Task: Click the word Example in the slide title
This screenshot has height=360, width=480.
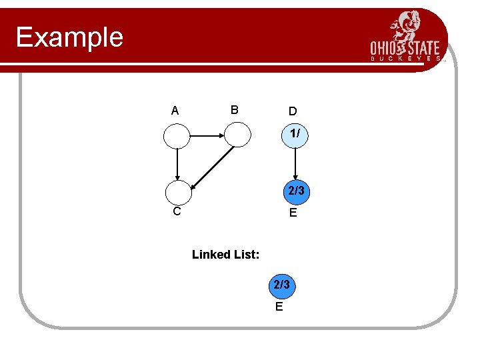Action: [70, 37]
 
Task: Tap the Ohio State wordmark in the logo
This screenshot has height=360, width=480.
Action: [405, 49]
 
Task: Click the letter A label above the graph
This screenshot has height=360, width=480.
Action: [175, 111]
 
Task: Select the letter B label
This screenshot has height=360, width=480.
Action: [234, 109]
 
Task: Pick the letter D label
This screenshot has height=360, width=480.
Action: [293, 111]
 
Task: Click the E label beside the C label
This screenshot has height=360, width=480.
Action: [293, 213]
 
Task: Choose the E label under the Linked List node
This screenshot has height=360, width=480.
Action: [279, 307]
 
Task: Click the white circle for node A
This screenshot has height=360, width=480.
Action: [177, 136]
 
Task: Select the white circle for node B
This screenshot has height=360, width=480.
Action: [237, 135]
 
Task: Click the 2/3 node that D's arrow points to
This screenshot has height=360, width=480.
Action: [295, 192]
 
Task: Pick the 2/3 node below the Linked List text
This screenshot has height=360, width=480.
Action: [281, 285]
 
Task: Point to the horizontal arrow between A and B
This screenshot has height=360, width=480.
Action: [207, 135]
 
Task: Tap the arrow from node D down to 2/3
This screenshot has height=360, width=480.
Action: [295, 164]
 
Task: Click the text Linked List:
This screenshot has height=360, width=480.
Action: [225, 254]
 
